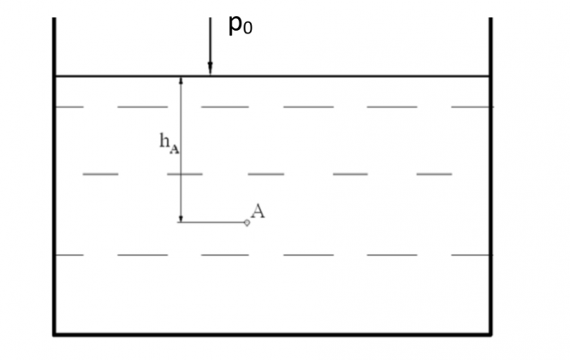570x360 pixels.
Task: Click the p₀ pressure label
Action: click(x=240, y=26)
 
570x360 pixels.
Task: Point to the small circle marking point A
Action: click(x=246, y=222)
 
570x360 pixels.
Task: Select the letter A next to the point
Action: click(x=258, y=211)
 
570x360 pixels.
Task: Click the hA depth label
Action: click(x=169, y=143)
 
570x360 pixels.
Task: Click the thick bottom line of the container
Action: click(x=272, y=333)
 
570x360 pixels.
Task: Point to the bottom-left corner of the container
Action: click(x=55, y=333)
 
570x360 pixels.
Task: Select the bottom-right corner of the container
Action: click(x=490, y=333)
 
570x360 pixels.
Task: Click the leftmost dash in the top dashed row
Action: click(x=69, y=107)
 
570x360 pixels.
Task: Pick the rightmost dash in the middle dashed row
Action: click(x=434, y=174)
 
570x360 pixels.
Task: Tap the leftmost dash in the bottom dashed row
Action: click(x=69, y=255)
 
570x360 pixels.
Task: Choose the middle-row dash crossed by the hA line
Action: click(x=184, y=174)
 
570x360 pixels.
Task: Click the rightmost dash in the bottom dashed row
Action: click(x=471, y=255)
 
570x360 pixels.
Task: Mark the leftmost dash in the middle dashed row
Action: click(x=100, y=174)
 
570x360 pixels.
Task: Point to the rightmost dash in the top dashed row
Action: click(x=471, y=107)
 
